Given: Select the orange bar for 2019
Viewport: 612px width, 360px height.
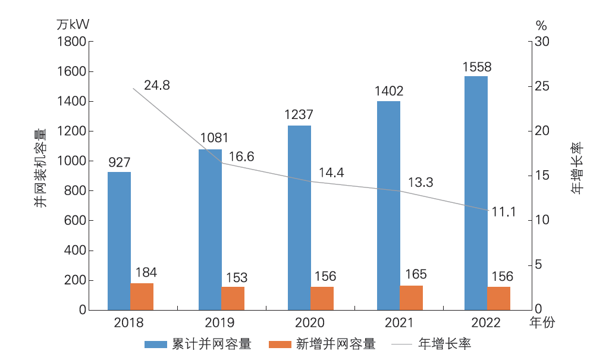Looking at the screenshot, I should pyautogui.click(x=233, y=298).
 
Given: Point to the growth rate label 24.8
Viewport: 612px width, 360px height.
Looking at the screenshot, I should pyautogui.click(x=157, y=85).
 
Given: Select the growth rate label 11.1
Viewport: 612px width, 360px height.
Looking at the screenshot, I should pyautogui.click(x=503, y=212).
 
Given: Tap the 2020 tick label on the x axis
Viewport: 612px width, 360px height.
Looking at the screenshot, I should pyautogui.click(x=310, y=323).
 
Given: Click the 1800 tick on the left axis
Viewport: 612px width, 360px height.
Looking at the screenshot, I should pyautogui.click(x=72, y=42).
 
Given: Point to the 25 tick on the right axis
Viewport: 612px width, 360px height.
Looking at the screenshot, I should pyautogui.click(x=541, y=86).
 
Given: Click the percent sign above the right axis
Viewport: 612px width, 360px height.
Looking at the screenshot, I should pyautogui.click(x=541, y=25).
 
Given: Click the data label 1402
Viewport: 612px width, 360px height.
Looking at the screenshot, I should pyautogui.click(x=389, y=91).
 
